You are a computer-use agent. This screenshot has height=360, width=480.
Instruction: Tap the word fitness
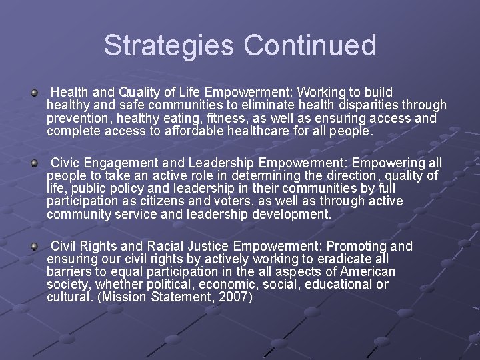pyautogui.click(x=227, y=118)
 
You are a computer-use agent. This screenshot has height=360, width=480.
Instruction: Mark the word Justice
pyautogui.click(x=211, y=246)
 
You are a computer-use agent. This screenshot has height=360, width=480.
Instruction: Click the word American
pyautogui.click(x=367, y=272)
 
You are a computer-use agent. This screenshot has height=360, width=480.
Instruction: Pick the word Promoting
pyautogui.click(x=348, y=246)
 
